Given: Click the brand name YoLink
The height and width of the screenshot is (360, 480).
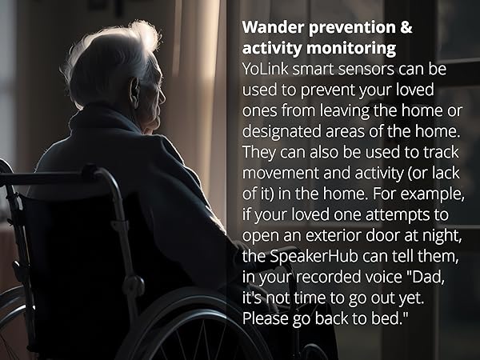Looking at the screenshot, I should tap(268, 70).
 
